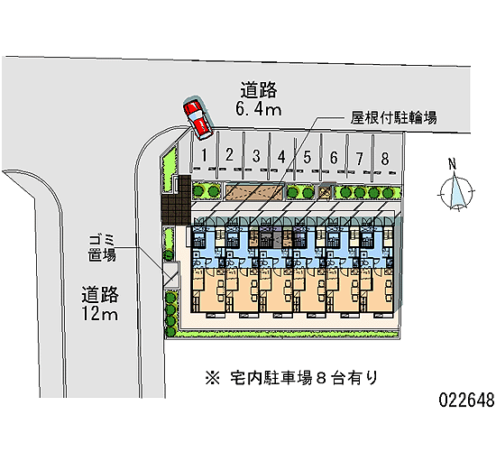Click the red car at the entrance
197,117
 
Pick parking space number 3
256,154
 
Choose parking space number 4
282,155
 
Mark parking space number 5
308,155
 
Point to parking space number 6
334,156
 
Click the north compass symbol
455,192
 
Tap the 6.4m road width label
259,109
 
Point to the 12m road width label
100,314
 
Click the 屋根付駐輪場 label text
393,117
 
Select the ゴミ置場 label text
102,248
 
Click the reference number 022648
466,400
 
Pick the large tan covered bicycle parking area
254,192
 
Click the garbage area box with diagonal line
171,275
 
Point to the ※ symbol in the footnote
212,378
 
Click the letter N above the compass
453,164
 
